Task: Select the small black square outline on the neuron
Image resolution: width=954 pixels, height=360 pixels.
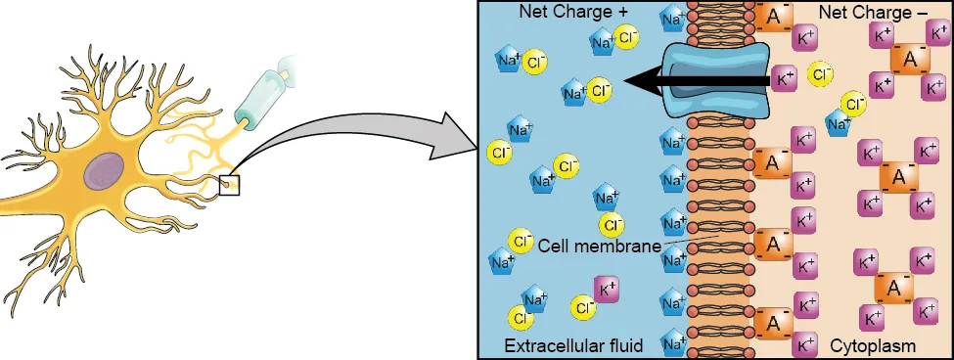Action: coord(229,183)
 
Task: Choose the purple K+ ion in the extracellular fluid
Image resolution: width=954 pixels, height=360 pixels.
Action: coord(607,290)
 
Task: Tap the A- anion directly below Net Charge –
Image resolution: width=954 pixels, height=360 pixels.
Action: coord(910,60)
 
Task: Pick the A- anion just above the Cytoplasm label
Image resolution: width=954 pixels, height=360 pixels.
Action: coord(894,288)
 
